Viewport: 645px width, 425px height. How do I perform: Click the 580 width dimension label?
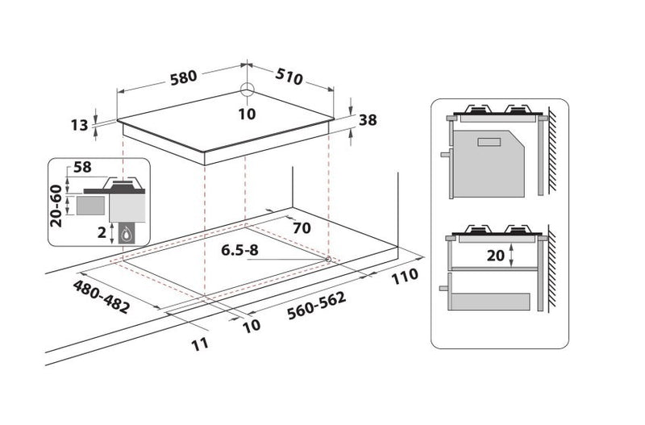tap(184, 77)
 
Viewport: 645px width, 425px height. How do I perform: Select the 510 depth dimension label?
tap(289, 76)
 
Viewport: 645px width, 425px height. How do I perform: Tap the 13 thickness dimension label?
tap(79, 125)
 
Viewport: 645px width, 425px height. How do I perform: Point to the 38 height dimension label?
tap(368, 120)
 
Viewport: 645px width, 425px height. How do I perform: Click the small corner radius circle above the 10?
tap(248, 89)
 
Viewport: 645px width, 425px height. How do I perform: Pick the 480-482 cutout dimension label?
tap(102, 296)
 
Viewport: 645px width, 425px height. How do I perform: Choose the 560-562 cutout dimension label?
tap(316, 306)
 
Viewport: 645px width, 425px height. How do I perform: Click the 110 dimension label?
tap(405, 277)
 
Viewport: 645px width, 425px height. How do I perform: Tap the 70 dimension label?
tap(302, 228)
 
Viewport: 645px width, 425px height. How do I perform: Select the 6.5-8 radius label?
tap(239, 250)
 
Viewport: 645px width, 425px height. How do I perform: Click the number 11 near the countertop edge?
tap(200, 344)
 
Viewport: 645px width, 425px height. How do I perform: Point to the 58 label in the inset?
tap(82, 167)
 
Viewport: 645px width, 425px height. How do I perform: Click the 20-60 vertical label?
tap(56, 206)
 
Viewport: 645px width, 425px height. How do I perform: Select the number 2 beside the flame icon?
tap(102, 233)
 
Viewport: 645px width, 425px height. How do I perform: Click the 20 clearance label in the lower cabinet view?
tap(495, 256)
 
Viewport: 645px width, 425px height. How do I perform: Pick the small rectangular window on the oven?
tap(489, 143)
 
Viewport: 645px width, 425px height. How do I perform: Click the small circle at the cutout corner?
tap(328, 259)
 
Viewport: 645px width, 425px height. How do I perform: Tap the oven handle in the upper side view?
tap(446, 155)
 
